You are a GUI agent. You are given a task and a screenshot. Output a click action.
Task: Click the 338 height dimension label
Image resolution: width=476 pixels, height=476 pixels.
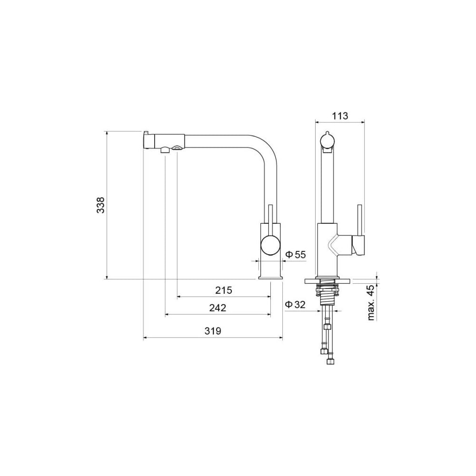(x=100, y=205)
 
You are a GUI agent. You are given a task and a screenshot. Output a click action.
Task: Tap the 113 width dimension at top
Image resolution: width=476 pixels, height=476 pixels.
(x=340, y=116)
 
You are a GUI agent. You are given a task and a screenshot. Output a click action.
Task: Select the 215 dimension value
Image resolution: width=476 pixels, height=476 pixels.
(x=224, y=290)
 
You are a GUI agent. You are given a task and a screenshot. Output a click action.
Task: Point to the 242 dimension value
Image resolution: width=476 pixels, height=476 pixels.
(x=218, y=308)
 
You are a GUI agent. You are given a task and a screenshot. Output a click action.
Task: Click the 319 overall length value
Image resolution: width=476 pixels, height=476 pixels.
(x=212, y=331)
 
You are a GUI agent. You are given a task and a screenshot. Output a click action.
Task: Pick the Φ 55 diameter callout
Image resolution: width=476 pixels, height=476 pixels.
(x=296, y=254)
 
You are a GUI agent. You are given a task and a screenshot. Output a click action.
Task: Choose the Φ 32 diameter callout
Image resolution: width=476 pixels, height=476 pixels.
(x=295, y=304)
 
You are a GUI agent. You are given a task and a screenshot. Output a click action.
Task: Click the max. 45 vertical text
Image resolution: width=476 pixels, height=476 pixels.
(x=371, y=302)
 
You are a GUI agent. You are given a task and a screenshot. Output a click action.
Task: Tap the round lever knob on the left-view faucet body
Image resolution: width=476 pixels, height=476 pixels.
(x=271, y=245)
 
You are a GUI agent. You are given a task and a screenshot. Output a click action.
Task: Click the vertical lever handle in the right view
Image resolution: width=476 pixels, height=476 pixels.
(x=360, y=220)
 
